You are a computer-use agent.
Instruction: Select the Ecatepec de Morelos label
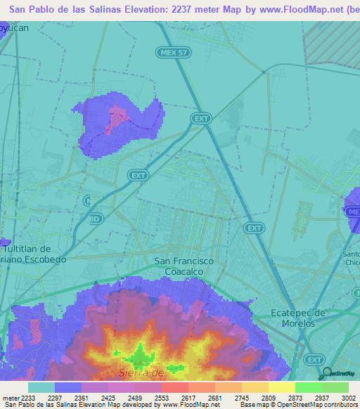pyautogui.click(x=307, y=318)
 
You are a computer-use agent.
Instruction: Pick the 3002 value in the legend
pyautogui.click(x=340, y=398)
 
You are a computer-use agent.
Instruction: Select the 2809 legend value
pyautogui.click(x=257, y=398)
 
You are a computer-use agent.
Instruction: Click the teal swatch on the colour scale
pyautogui.click(x=41, y=387)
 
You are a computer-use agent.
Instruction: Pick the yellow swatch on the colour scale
pyautogui.click(x=282, y=387)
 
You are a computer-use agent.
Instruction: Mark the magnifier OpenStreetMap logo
pyautogui.click(x=327, y=373)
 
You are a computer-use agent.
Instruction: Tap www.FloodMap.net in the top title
pyautogui.click(x=288, y=10)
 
